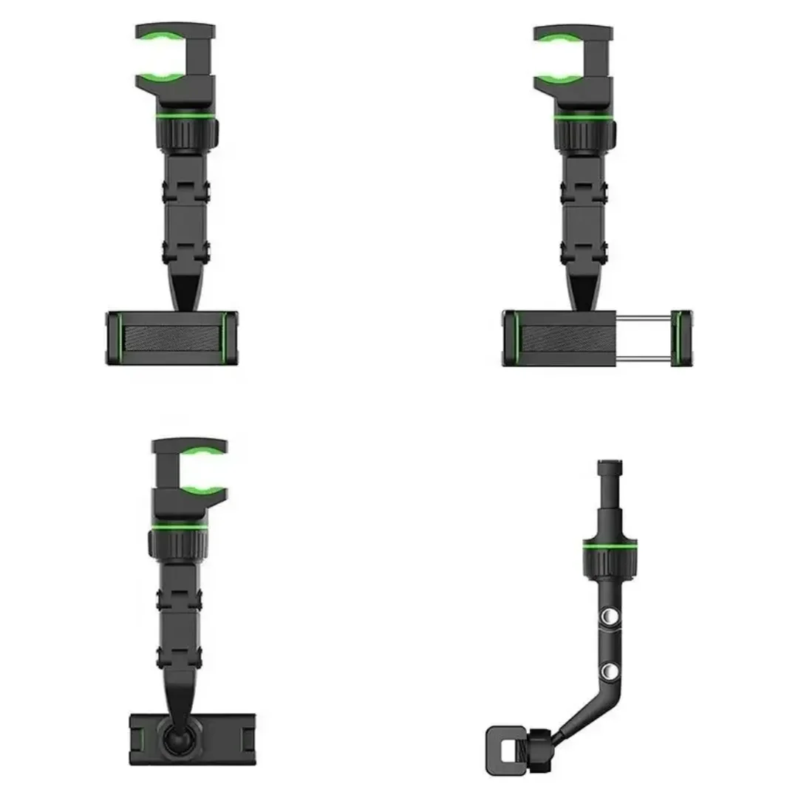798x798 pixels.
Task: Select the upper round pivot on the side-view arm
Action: [x=610, y=616]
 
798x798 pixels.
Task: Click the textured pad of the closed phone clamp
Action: [x=172, y=338]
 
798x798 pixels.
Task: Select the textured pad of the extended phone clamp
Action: [x=567, y=338]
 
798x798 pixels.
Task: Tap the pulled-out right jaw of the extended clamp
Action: [x=681, y=338]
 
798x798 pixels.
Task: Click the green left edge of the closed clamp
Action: [x=115, y=338]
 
